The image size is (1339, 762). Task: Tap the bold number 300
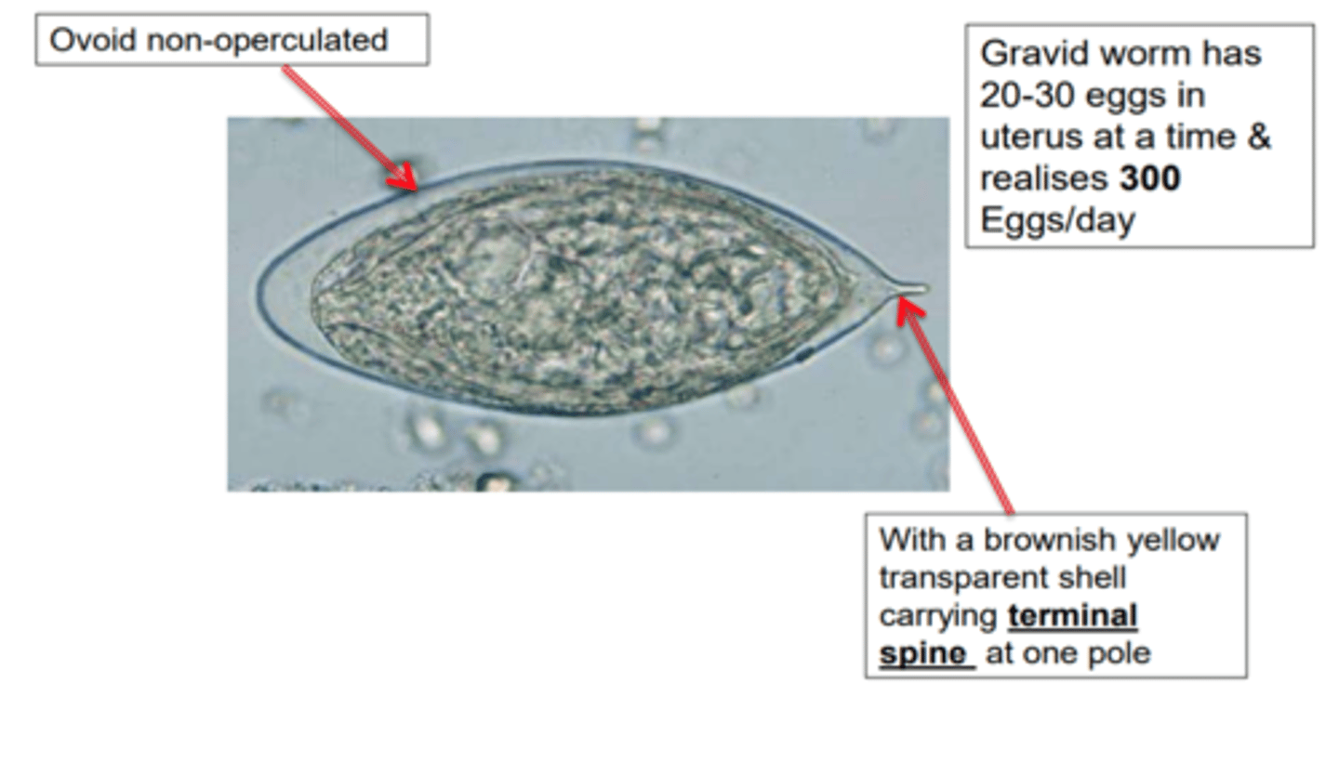click(x=1149, y=178)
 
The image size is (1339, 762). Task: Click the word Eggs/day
click(x=1057, y=221)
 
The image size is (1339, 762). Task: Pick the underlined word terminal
click(x=1072, y=615)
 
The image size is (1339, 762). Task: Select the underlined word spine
click(x=924, y=653)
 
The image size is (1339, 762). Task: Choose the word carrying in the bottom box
click(x=939, y=615)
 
